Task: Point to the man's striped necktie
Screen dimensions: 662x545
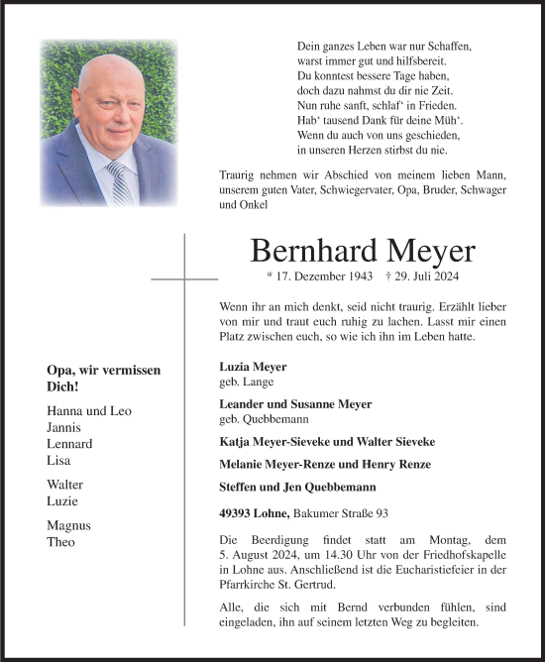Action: (120, 183)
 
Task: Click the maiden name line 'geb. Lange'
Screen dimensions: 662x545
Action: (247, 381)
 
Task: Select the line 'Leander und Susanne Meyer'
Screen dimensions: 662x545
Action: (295, 403)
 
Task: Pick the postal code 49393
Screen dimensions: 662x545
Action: (237, 511)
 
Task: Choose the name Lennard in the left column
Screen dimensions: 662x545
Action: (69, 443)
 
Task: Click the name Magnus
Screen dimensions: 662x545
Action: (68, 525)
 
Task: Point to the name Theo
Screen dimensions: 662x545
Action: (60, 541)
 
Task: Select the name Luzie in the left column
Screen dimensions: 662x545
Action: (62, 500)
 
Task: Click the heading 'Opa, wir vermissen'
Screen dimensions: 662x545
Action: (103, 370)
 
